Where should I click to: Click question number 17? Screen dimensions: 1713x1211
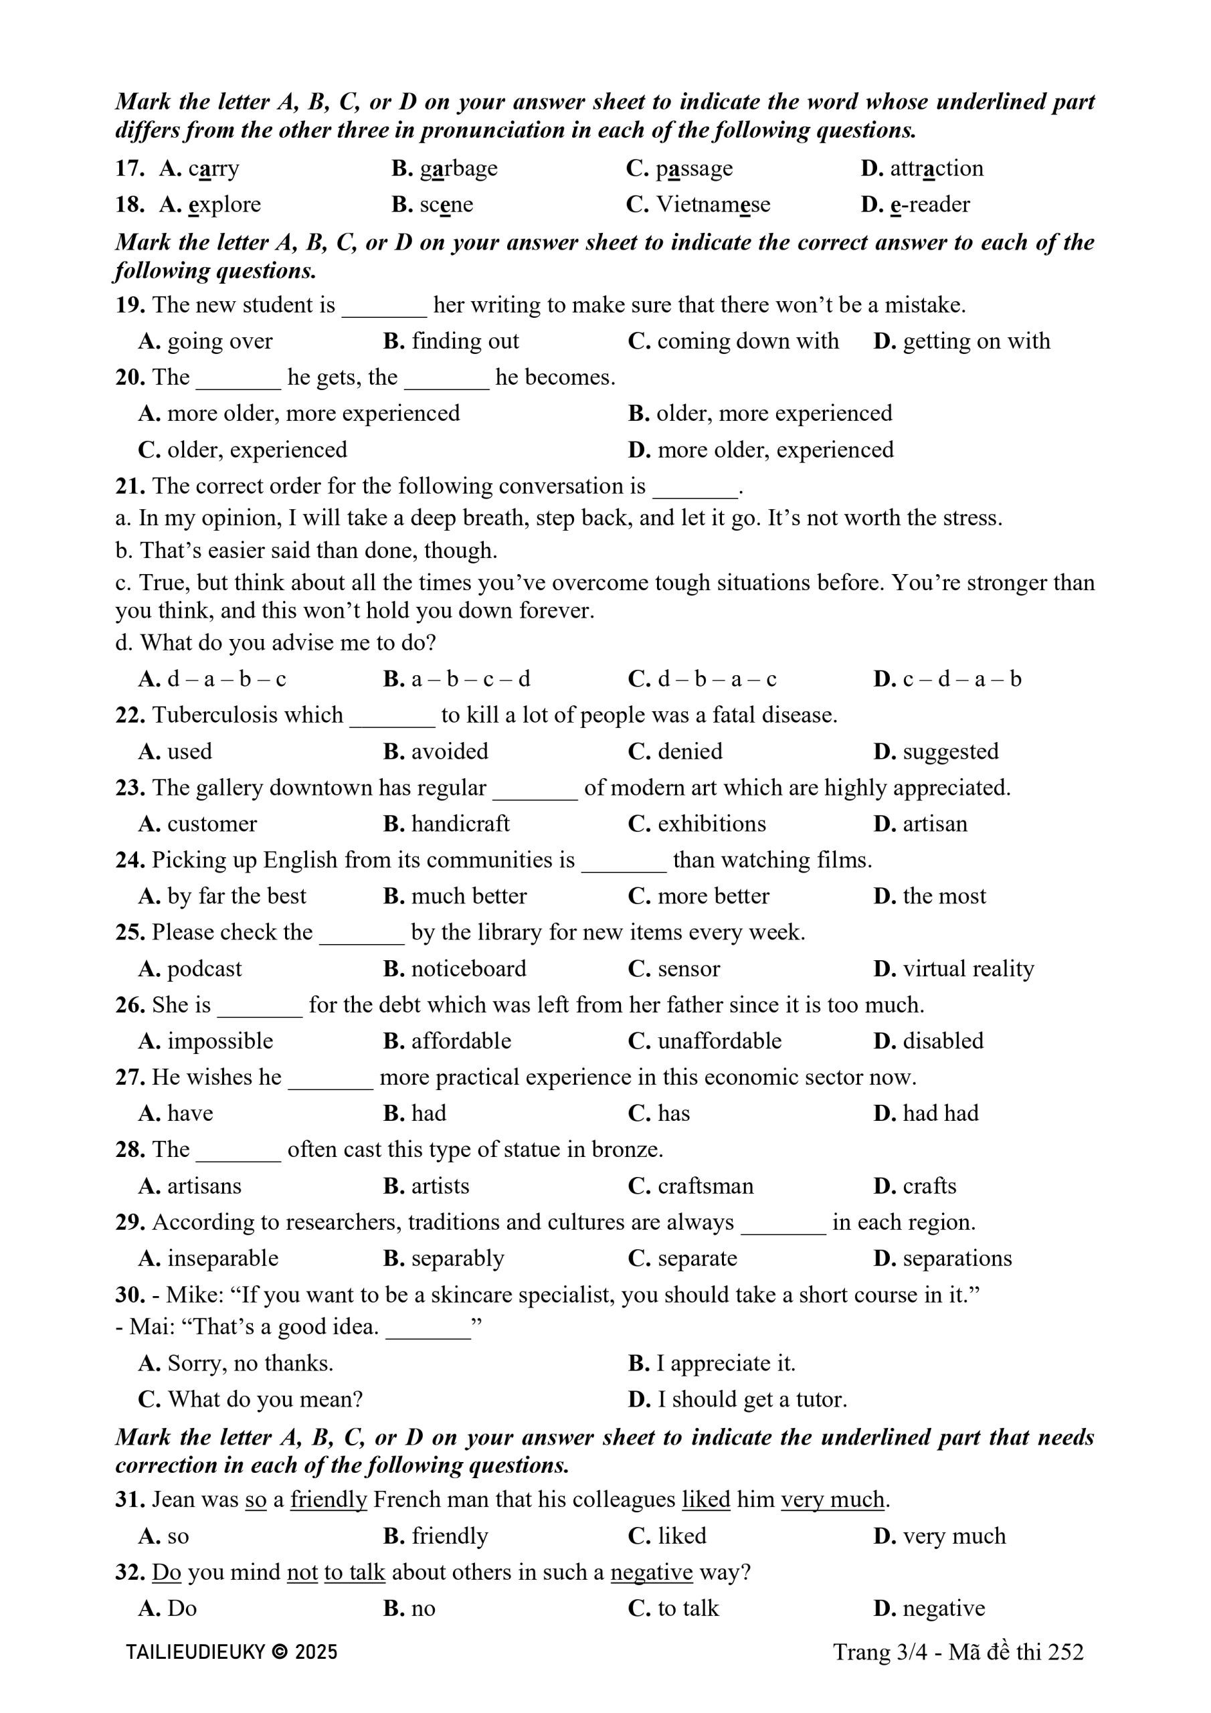click(x=129, y=168)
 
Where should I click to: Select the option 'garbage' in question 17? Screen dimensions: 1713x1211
click(x=458, y=169)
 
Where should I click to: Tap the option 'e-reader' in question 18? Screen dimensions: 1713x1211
click(x=930, y=205)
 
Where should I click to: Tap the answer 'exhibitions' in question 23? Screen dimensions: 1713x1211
click(x=711, y=824)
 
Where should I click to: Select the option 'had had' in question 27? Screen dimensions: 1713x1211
click(x=940, y=1113)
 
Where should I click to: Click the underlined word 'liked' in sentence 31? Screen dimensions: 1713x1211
click(x=706, y=1500)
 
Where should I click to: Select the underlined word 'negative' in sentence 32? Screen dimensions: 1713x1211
click(x=652, y=1572)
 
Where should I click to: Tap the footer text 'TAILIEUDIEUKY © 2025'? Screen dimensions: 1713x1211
click(x=231, y=1652)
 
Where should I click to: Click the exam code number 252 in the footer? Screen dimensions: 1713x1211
click(x=1066, y=1652)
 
